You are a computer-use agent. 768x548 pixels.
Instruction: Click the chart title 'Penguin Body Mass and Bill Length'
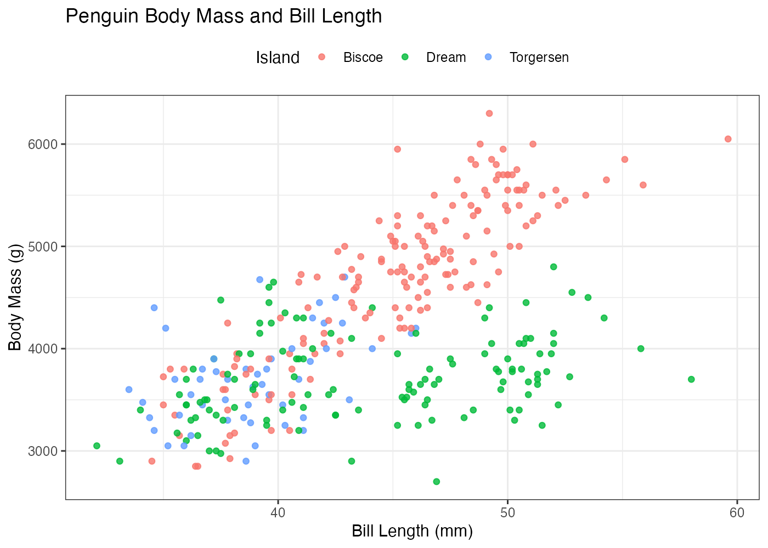[x=223, y=16]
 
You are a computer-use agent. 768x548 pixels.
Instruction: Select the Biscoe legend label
[x=363, y=58]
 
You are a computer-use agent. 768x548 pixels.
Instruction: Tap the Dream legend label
[x=446, y=58]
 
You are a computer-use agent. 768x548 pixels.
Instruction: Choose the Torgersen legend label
[x=539, y=58]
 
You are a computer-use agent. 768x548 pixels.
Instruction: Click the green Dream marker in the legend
[x=405, y=57]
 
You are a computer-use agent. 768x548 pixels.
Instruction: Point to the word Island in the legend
[x=278, y=58]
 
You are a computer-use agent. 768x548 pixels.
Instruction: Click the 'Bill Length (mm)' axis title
[x=412, y=531]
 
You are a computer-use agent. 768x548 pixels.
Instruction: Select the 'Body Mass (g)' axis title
[x=15, y=298]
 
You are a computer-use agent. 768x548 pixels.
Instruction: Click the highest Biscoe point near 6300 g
[x=489, y=113]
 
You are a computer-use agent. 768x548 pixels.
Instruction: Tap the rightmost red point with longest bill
[x=728, y=139]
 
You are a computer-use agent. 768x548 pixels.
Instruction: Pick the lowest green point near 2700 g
[x=437, y=482]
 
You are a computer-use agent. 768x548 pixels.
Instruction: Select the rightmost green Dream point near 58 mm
[x=691, y=379]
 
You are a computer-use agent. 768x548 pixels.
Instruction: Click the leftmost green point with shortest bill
[x=97, y=446]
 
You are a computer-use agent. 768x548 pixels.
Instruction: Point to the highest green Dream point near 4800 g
[x=554, y=267]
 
